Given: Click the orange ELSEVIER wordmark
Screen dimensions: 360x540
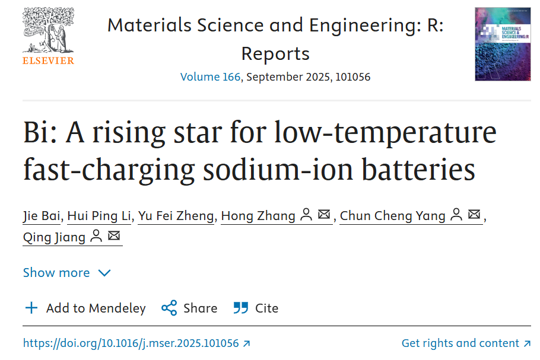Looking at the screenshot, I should pos(49,60).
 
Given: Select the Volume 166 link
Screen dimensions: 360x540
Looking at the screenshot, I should pos(210,77).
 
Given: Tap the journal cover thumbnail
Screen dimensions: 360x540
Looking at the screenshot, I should pos(502,44).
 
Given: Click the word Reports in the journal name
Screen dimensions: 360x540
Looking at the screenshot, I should pos(275,54).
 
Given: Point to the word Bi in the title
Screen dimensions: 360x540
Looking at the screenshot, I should pos(35,132).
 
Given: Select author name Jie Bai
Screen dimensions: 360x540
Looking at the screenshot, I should pos(42,216).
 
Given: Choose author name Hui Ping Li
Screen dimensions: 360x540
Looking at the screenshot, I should pos(99,216).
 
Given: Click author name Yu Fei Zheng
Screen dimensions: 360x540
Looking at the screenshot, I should pos(176,216).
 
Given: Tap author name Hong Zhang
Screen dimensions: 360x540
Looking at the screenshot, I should pos(258,216).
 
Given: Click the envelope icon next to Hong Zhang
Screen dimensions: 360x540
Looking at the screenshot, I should pos(324,215).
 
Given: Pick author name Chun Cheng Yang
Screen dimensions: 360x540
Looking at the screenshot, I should pos(392,216).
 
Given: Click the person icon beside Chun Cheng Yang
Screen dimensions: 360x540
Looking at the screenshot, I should pos(456,215).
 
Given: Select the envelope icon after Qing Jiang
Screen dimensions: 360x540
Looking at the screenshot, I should pos(114,237).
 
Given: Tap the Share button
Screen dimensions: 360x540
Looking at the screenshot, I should pos(189,308).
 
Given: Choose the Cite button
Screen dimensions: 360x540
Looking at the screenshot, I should pos(256,308).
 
